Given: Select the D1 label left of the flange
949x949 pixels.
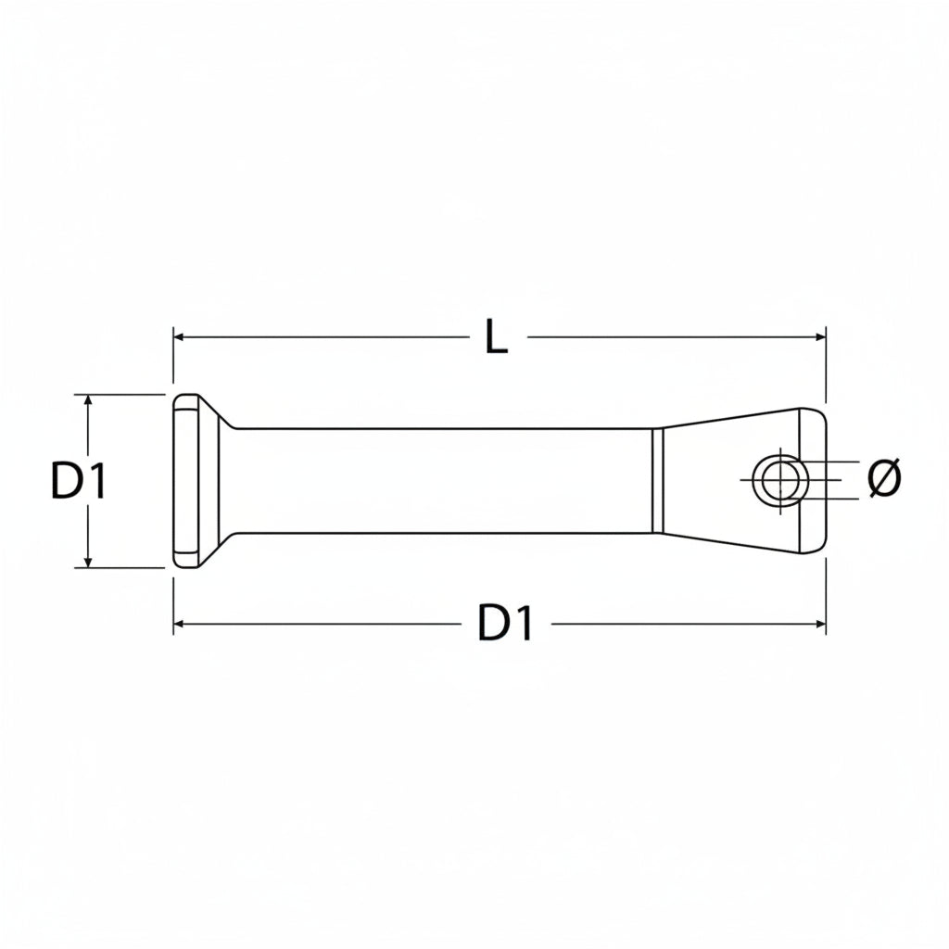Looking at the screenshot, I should [x=79, y=482].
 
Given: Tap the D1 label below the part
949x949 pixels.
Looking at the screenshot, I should [x=506, y=624].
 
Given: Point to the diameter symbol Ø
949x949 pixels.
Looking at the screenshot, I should [x=884, y=478].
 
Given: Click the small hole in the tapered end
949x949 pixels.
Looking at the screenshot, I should [x=780, y=481].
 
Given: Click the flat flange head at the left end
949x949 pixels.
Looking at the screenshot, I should [x=186, y=481].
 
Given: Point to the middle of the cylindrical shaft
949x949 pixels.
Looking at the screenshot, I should [x=445, y=481].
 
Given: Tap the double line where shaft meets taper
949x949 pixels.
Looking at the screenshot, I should [x=657, y=481].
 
